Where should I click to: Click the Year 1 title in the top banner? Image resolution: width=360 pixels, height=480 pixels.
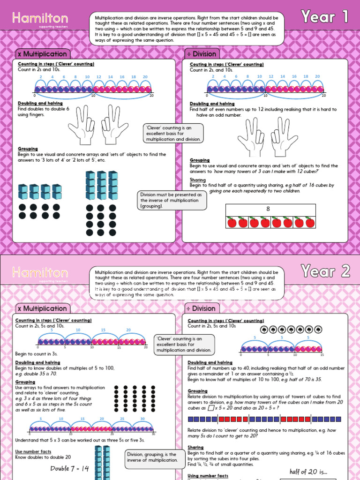point(325,17)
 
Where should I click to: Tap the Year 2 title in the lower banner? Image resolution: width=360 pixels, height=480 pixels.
point(325,271)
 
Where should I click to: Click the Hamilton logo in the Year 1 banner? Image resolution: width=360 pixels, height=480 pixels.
point(40,19)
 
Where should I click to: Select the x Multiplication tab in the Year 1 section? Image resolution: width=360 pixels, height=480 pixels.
point(42,54)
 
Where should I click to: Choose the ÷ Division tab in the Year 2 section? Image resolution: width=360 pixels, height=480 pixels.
point(201,308)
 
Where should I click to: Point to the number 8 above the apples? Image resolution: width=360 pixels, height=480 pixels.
point(268,209)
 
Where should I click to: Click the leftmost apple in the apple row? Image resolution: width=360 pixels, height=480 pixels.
point(231,222)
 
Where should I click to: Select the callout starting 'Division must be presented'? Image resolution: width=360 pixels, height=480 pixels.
point(172,200)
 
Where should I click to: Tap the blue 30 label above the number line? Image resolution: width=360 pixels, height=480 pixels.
point(142,419)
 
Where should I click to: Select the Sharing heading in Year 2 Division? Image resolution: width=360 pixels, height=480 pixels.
point(196,448)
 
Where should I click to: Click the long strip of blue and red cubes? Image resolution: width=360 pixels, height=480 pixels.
point(264,419)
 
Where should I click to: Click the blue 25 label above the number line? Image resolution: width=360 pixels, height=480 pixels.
point(122,419)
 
